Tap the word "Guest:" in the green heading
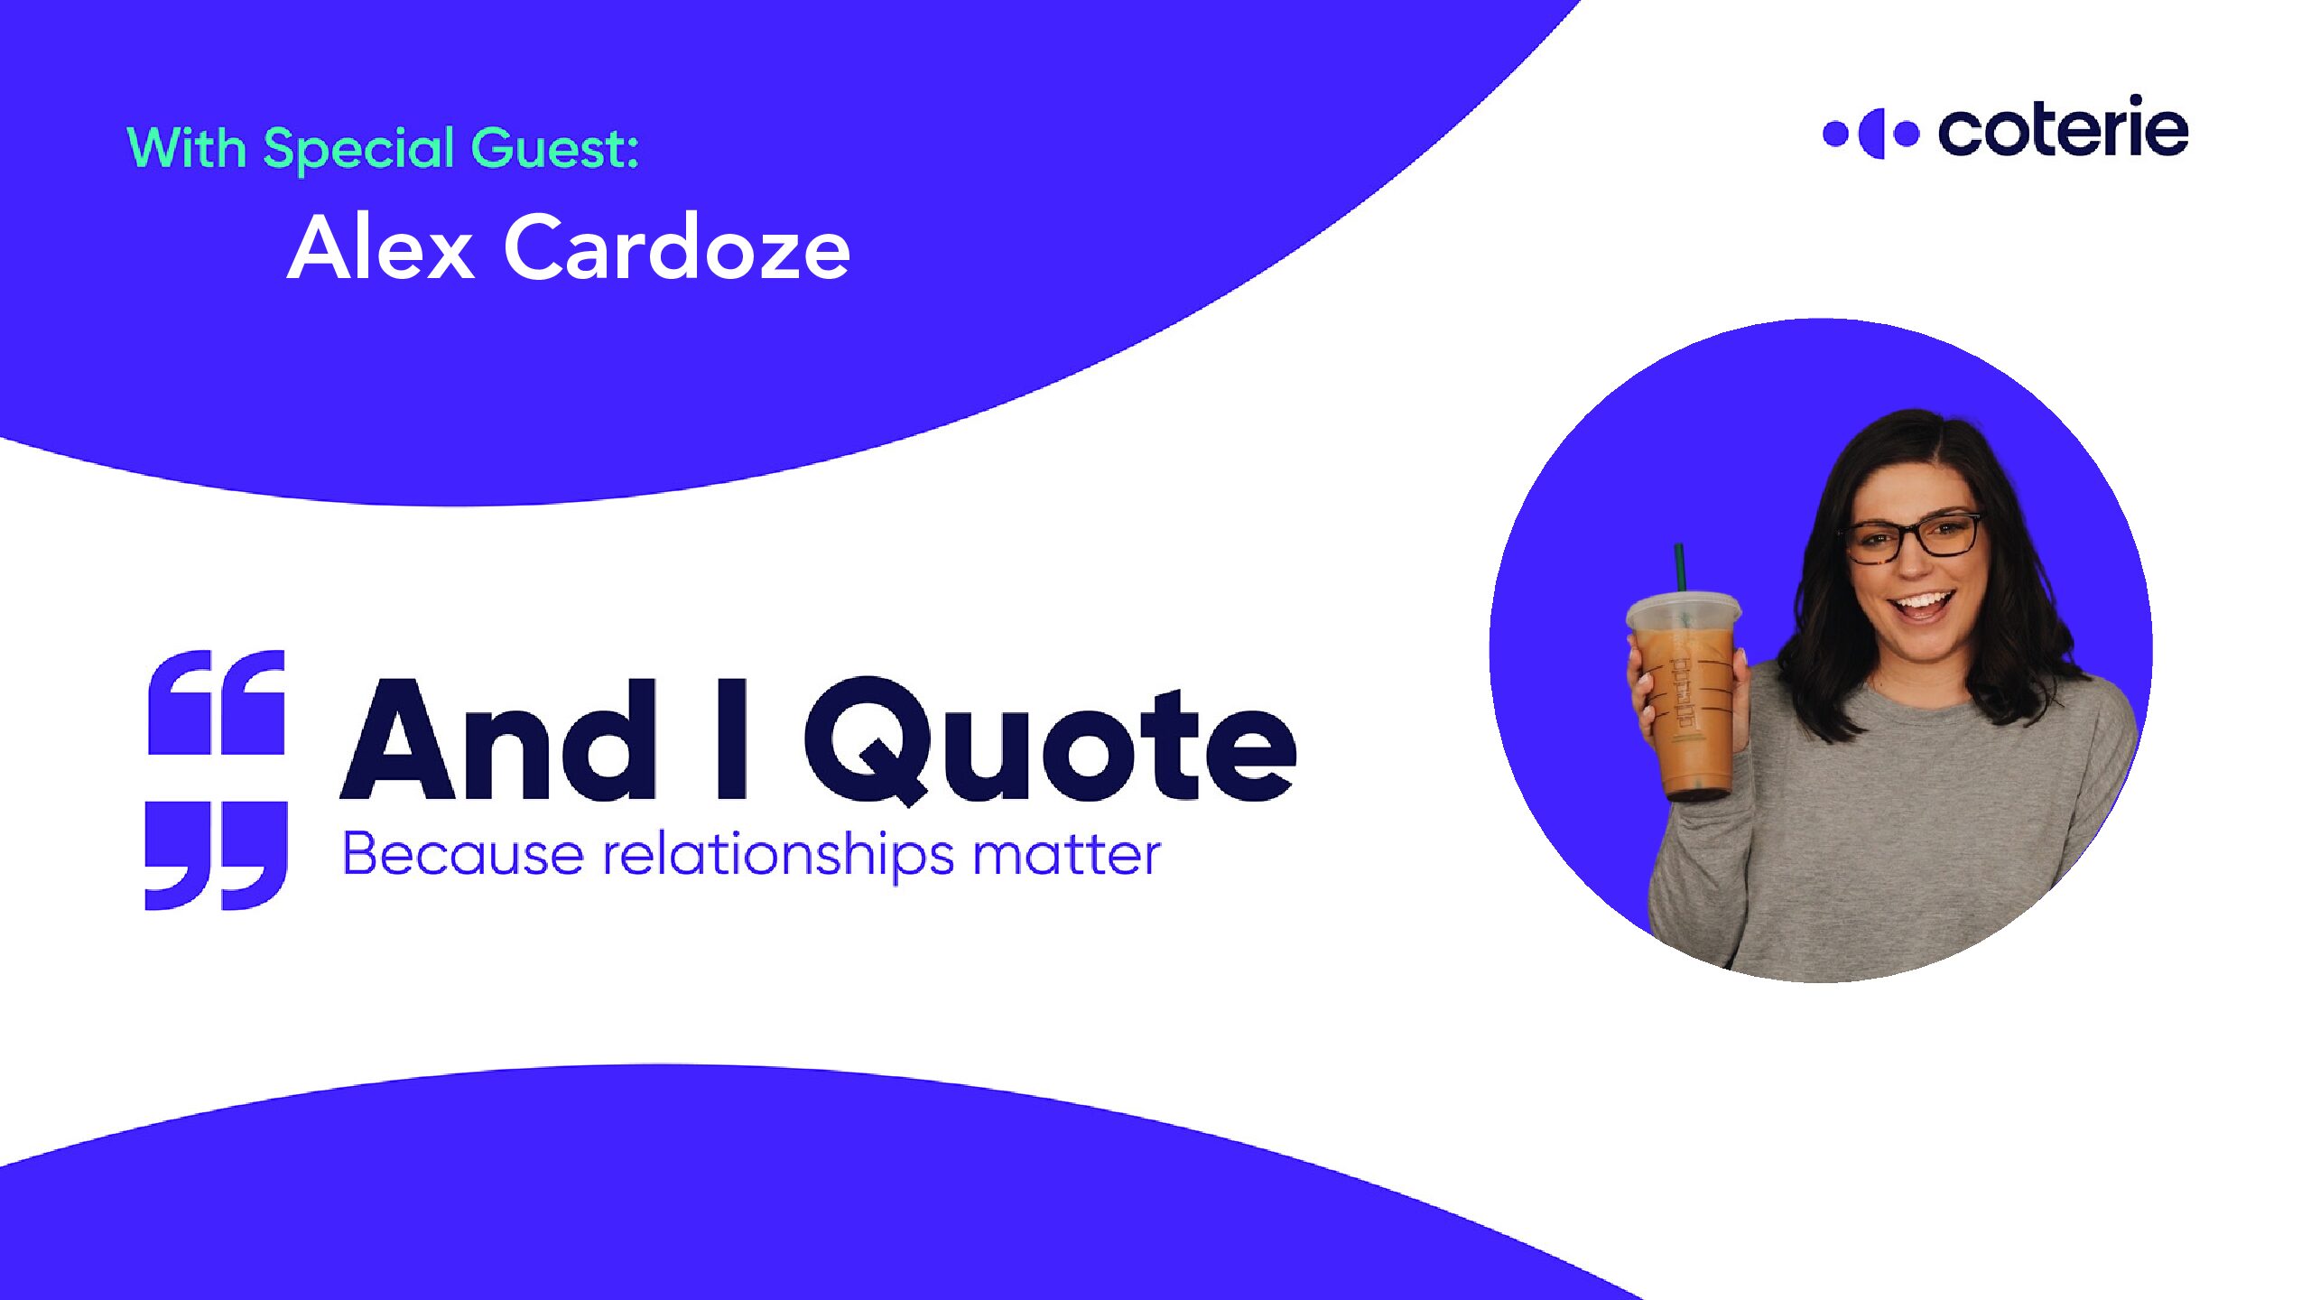555,147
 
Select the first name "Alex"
381,247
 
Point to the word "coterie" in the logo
2063,131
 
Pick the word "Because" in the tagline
463,854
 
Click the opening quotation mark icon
217,702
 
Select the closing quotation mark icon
217,855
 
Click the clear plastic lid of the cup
1685,612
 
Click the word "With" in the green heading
186,147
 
